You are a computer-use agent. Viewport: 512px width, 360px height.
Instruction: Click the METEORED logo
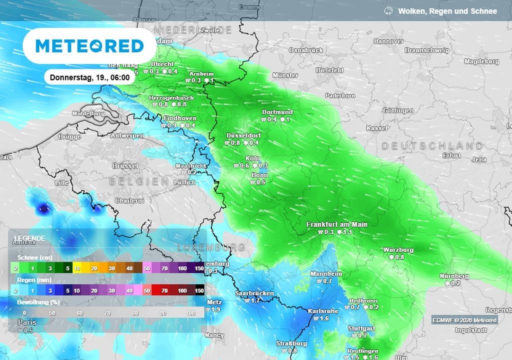coord(89,46)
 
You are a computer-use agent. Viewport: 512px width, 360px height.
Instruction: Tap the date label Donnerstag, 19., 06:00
coord(90,77)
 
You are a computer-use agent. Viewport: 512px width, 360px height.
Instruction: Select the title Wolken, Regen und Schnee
coord(447,11)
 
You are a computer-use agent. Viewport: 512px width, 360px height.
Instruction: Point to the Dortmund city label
coord(277,112)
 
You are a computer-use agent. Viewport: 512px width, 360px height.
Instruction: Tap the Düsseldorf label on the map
coord(243,135)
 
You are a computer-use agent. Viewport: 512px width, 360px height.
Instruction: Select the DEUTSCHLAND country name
coord(432,146)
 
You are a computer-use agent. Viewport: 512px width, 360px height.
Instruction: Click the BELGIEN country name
coord(139,181)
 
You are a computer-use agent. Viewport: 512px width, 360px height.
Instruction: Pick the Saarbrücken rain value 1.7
coord(252,301)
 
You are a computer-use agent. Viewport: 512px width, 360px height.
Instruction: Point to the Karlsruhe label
coord(323,311)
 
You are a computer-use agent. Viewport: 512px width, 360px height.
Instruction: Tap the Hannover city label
coord(388,41)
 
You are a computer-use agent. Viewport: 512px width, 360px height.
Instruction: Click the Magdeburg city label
coord(481,61)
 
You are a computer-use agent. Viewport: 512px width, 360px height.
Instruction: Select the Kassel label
coord(376,128)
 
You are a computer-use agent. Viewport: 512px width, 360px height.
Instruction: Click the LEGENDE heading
coord(29,238)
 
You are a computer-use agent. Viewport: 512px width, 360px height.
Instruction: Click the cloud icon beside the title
coord(388,11)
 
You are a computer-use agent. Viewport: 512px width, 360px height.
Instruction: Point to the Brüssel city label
coord(125,165)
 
